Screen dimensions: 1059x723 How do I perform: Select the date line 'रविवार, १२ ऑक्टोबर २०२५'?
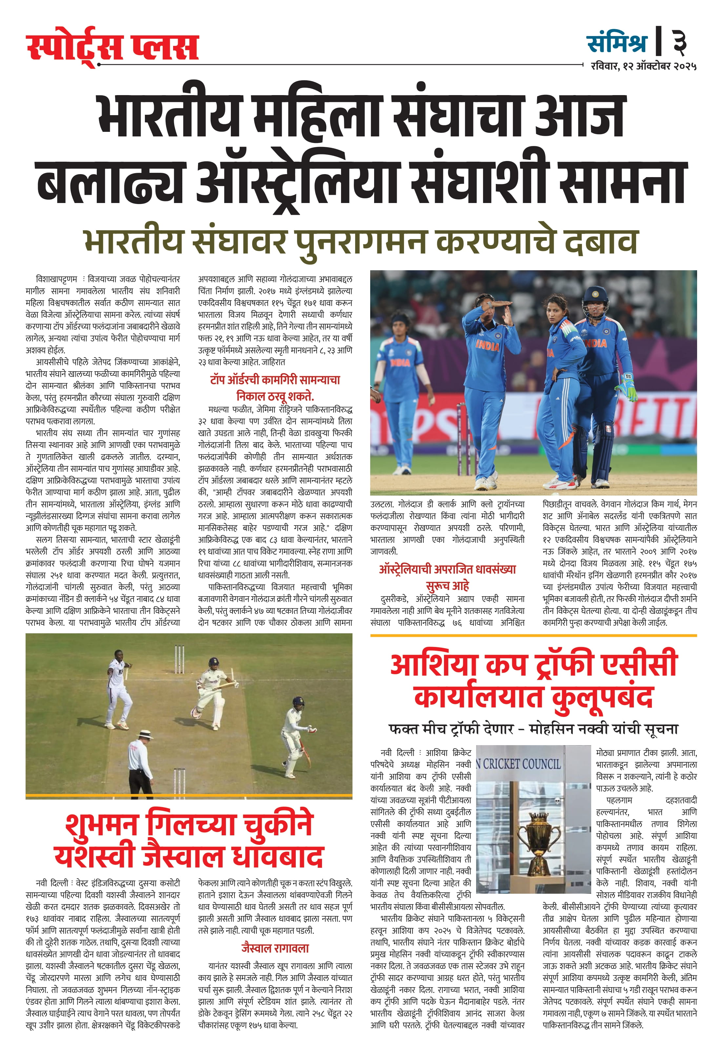(643, 67)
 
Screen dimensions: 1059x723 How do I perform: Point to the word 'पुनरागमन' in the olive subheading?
(360, 241)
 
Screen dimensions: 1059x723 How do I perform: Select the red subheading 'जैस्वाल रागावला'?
(275, 948)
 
